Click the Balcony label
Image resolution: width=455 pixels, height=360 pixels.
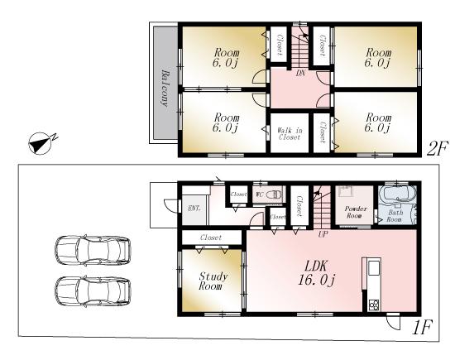pos(165,89)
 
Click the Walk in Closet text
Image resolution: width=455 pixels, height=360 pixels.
pos(289,134)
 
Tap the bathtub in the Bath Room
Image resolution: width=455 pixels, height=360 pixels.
pos(395,197)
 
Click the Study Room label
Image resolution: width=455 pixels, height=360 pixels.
pos(213,281)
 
